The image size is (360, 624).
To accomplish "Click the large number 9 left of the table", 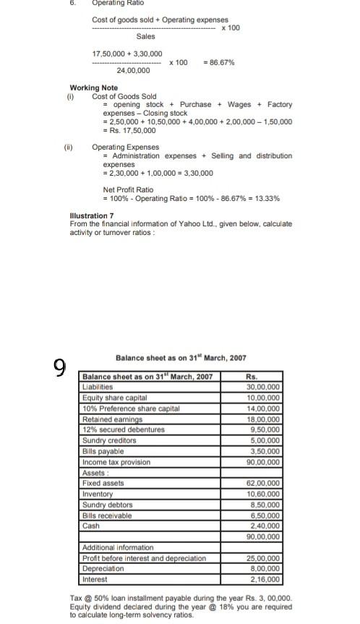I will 60,369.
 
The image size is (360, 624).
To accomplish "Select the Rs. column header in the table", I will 252,377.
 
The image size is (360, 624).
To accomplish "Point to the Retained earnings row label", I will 112,419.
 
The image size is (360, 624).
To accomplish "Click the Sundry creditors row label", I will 109,440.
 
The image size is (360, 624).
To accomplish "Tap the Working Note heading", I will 93,87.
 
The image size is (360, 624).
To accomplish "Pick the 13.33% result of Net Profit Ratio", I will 265,198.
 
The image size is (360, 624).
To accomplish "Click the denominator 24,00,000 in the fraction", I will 134,71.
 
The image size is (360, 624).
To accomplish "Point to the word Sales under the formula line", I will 145,36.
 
